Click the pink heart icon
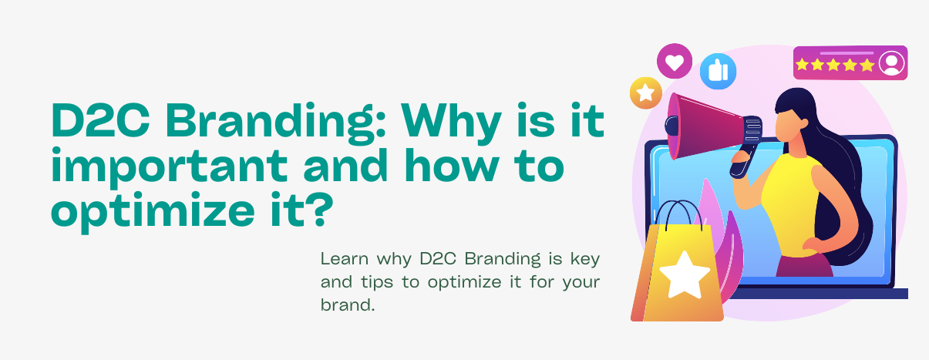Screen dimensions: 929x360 [x=675, y=61]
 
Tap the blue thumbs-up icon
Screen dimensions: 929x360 [x=718, y=71]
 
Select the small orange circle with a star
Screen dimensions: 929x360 [x=646, y=93]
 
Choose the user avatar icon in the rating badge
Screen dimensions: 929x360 [x=891, y=63]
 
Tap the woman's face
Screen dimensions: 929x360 [x=788, y=124]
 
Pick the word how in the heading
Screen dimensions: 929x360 [x=452, y=165]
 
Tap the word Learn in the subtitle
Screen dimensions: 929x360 [x=344, y=259]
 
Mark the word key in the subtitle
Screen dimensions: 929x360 [x=585, y=260]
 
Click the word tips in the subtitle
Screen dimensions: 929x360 [x=376, y=283]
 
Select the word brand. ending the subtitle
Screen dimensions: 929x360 [x=348, y=304]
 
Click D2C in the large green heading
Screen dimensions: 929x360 [x=100, y=120]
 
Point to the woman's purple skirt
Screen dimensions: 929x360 [x=804, y=266]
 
